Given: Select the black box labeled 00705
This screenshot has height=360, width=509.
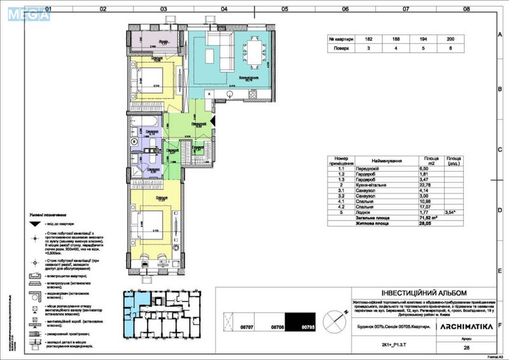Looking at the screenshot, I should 300,322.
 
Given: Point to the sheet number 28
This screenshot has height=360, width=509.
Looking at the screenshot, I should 467,349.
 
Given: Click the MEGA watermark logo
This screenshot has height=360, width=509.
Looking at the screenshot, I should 25,13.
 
